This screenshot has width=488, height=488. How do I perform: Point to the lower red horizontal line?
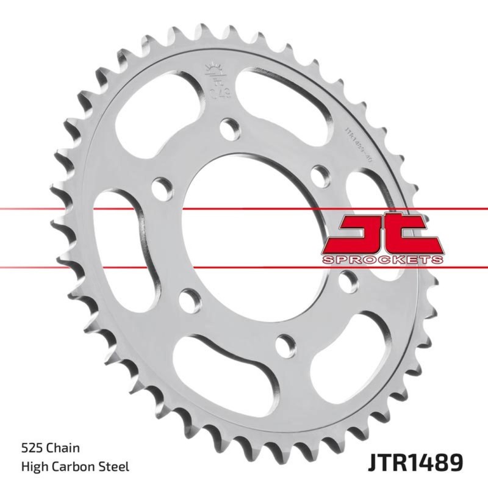(61, 266)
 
